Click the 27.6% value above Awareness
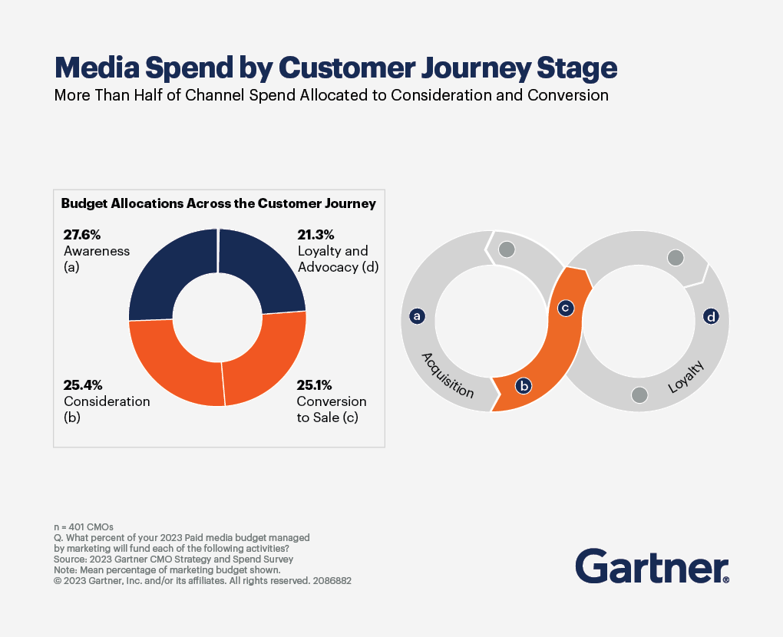tap(81, 235)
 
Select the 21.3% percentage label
tap(316, 235)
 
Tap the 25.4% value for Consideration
tap(82, 385)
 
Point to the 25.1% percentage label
tap(316, 385)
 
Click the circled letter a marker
tap(418, 315)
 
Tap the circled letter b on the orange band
tap(524, 386)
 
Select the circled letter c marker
tap(565, 308)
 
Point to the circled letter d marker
tap(711, 316)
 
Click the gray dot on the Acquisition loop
tap(506, 249)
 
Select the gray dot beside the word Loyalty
tap(639, 394)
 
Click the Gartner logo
tap(652, 567)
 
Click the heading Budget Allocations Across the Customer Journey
tap(218, 204)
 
